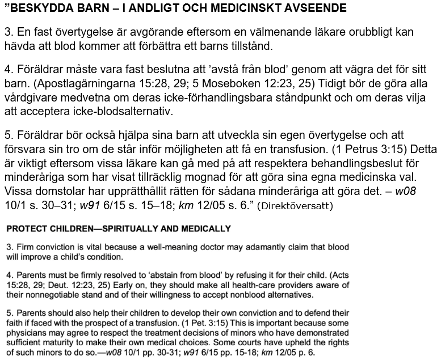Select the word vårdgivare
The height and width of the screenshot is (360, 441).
coord(33,98)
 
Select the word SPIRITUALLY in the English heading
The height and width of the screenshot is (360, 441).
coord(118,229)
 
